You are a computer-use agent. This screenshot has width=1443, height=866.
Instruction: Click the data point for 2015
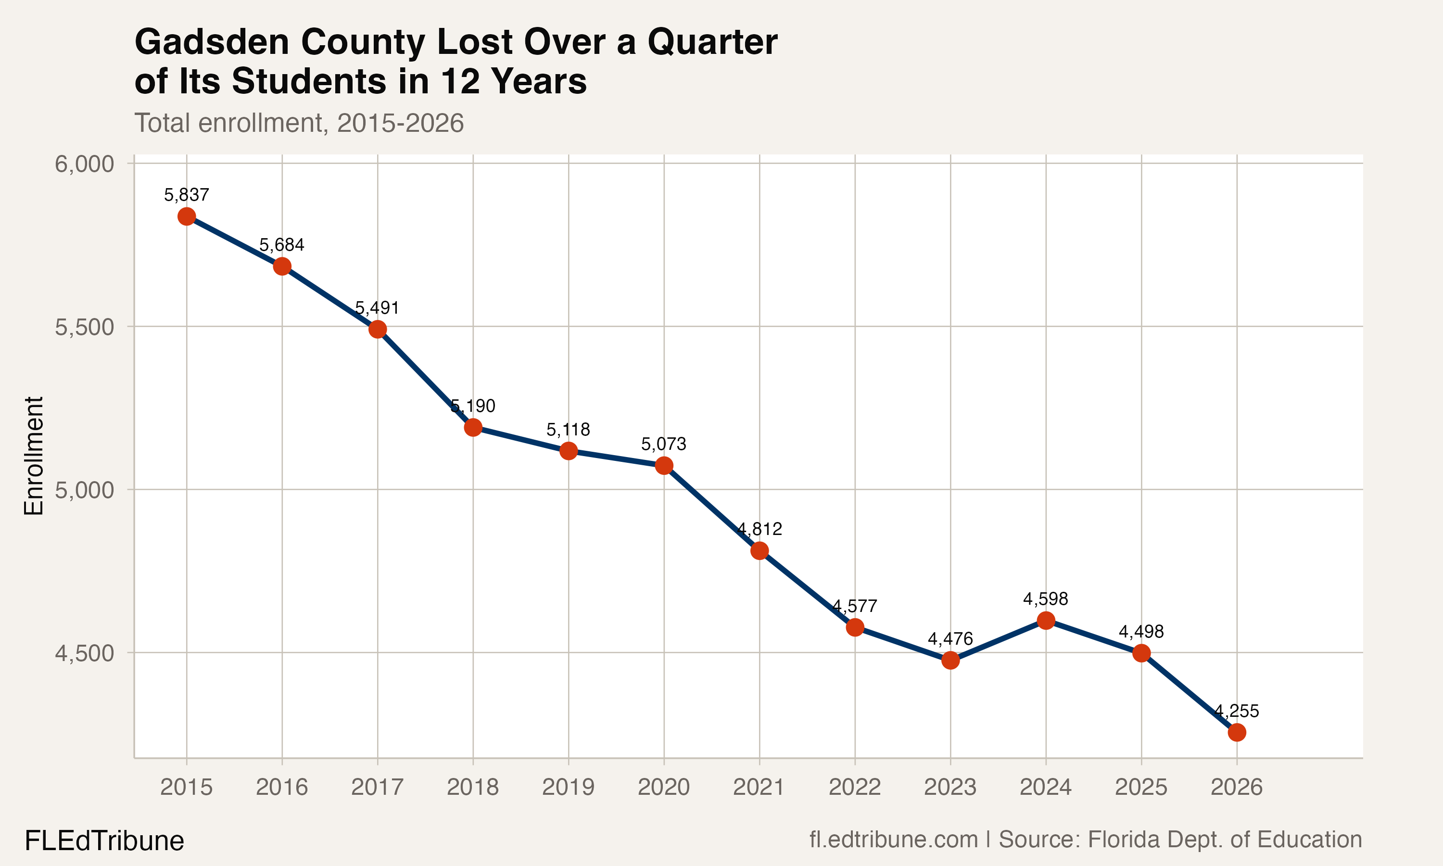187,216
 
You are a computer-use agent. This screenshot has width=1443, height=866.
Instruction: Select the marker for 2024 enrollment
1046,620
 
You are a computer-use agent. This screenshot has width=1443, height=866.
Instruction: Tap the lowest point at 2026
1237,732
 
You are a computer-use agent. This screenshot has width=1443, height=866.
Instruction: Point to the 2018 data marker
473,427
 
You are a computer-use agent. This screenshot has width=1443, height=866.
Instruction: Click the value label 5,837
187,195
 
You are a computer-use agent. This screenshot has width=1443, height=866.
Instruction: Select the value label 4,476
950,639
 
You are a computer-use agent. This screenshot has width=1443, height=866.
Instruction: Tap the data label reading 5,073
664,444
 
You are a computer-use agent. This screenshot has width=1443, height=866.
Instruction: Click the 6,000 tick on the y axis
84,164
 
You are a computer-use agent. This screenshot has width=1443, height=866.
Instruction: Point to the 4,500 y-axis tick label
84,653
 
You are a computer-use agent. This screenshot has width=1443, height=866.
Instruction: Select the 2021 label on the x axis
759,787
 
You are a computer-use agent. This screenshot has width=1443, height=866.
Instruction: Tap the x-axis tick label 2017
378,787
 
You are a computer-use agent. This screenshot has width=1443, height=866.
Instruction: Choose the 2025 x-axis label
1141,787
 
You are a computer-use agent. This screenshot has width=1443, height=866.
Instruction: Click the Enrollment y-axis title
34,456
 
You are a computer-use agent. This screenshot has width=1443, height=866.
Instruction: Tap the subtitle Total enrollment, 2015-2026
299,123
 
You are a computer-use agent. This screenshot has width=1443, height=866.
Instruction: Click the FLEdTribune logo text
104,841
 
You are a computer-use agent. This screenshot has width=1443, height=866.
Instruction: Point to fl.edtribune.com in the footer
894,840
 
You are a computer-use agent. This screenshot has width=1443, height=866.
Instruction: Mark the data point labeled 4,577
854,627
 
